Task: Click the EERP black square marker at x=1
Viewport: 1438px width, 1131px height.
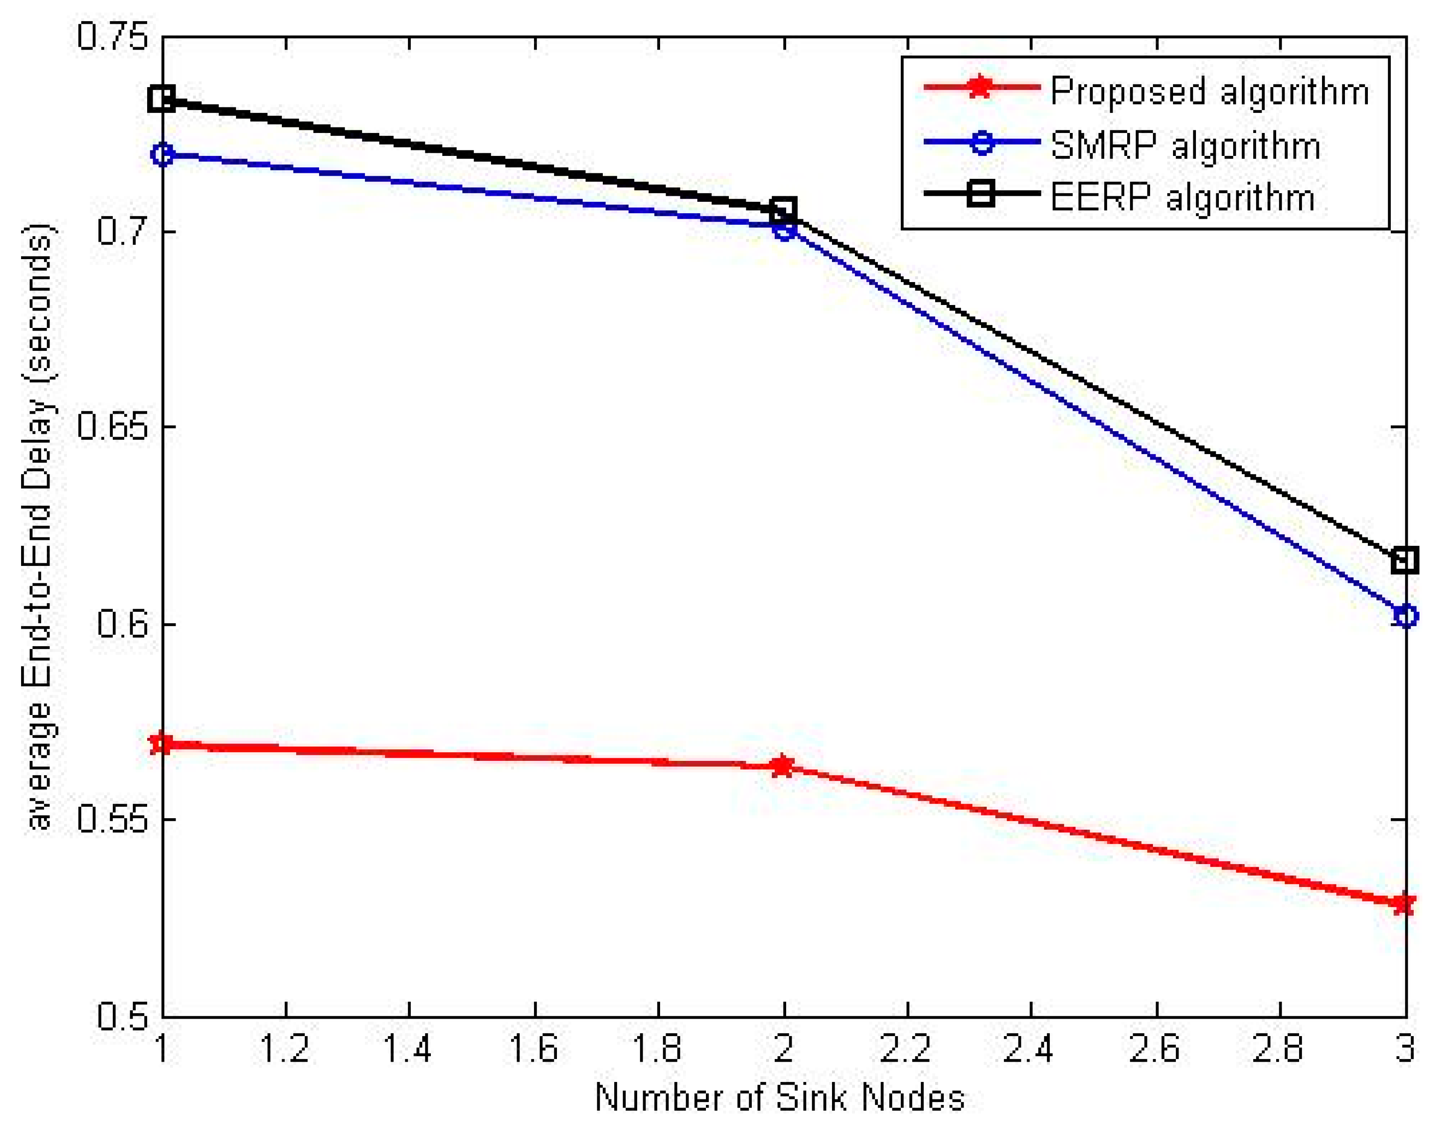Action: (x=162, y=100)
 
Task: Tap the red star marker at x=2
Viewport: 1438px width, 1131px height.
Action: (x=783, y=766)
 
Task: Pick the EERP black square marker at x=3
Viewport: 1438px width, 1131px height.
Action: (x=1404, y=560)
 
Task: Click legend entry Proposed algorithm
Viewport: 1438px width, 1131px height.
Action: (x=1209, y=91)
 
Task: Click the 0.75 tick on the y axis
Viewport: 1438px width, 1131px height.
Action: (x=111, y=36)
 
